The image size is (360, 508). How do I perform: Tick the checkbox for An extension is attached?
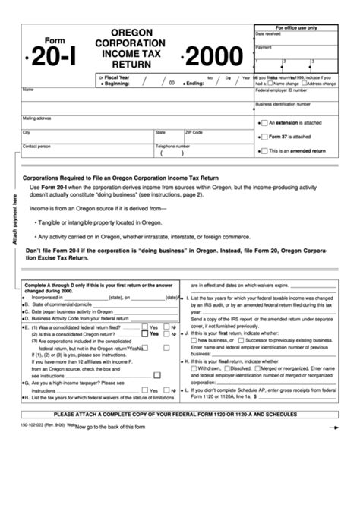point(264,121)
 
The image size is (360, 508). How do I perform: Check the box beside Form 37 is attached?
point(264,137)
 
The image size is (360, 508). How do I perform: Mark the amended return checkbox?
point(264,151)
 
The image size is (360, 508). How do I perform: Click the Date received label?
point(267,34)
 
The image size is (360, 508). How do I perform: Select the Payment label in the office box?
point(264,46)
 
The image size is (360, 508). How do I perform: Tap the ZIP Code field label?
point(195,131)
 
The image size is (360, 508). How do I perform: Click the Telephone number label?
point(172,145)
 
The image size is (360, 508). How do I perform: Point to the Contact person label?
point(37,145)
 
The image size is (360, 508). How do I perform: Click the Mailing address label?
point(36,118)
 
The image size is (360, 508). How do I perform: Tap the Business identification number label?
point(283,103)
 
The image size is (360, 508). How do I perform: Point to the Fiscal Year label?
point(118,77)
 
